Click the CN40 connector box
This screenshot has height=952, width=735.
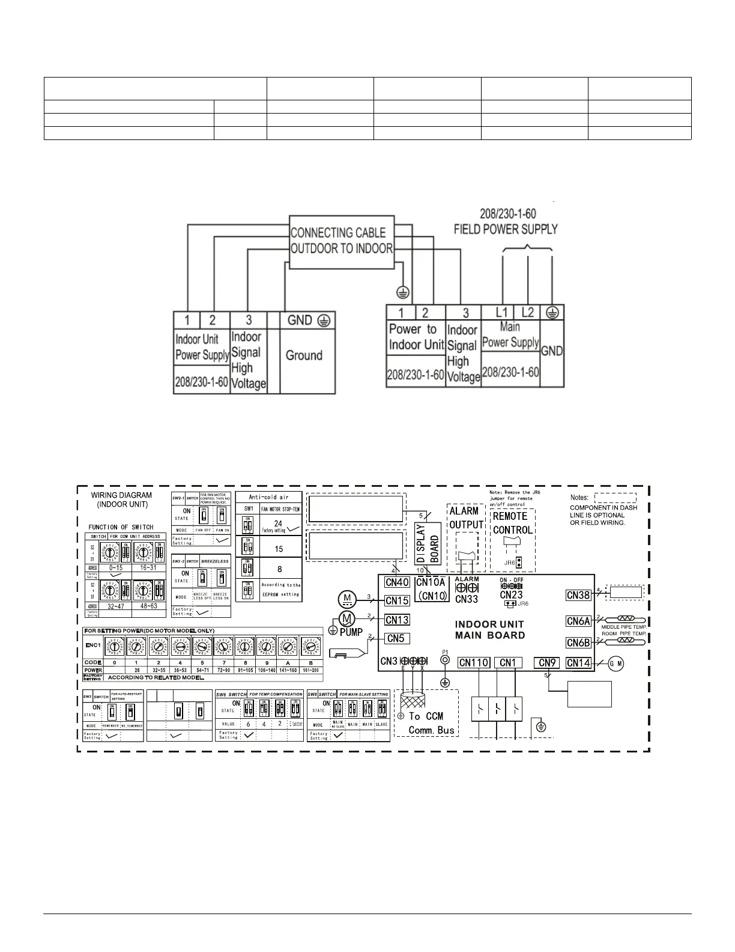(x=397, y=582)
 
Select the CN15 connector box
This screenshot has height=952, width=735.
(x=397, y=600)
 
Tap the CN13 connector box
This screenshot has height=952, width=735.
(x=397, y=620)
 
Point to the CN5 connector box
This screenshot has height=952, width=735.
(x=395, y=638)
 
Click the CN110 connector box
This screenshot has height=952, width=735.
(x=474, y=663)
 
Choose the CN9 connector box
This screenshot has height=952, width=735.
(x=548, y=663)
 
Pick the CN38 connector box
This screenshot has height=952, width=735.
(x=579, y=595)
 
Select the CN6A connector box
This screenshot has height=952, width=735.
(x=579, y=621)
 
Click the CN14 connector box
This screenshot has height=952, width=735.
(x=579, y=663)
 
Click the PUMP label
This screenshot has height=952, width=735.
(x=352, y=632)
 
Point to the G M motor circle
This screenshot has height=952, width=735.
(x=616, y=664)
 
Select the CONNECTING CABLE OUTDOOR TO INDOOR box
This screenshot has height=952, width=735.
(x=342, y=241)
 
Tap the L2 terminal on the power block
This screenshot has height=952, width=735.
(x=528, y=313)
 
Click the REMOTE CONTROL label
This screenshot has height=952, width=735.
(x=512, y=523)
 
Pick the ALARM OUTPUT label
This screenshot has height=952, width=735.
(x=466, y=517)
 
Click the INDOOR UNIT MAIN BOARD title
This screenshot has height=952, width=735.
(x=489, y=630)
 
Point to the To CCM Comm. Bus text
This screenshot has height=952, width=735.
(x=431, y=723)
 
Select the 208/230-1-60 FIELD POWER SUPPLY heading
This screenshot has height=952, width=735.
(x=506, y=221)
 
